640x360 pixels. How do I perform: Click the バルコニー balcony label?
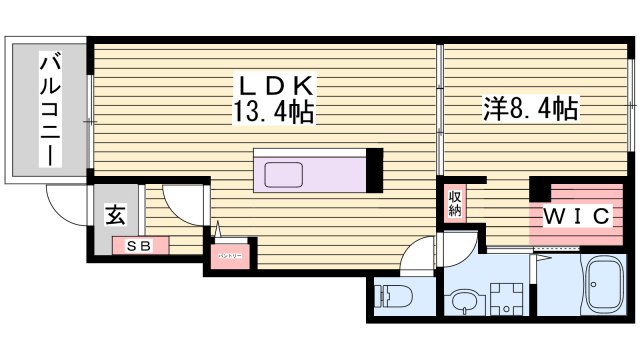coord(48,109)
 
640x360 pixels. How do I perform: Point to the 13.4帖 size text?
coord(274,112)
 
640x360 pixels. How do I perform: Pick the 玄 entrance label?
coord(115,214)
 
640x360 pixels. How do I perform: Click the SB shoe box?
coord(139,244)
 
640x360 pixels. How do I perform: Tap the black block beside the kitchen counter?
coord(375,169)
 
